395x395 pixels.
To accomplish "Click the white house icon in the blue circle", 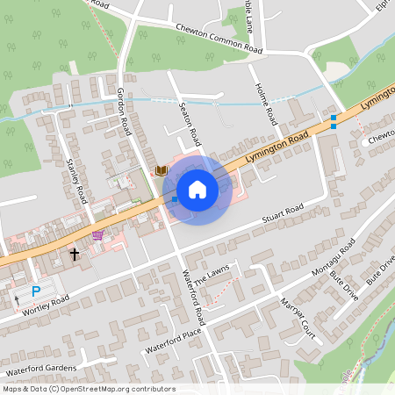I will coord(197,189).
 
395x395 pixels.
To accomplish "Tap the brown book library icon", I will coord(161,170).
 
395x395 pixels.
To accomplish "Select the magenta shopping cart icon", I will coord(97,235).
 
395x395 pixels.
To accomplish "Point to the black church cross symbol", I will coord(75,255).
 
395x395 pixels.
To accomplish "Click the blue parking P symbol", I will coord(36,291).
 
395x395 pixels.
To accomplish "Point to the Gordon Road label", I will coord(124,111).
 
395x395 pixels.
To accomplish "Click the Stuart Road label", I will coord(283,213).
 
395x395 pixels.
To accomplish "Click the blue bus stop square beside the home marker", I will coord(175,201).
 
